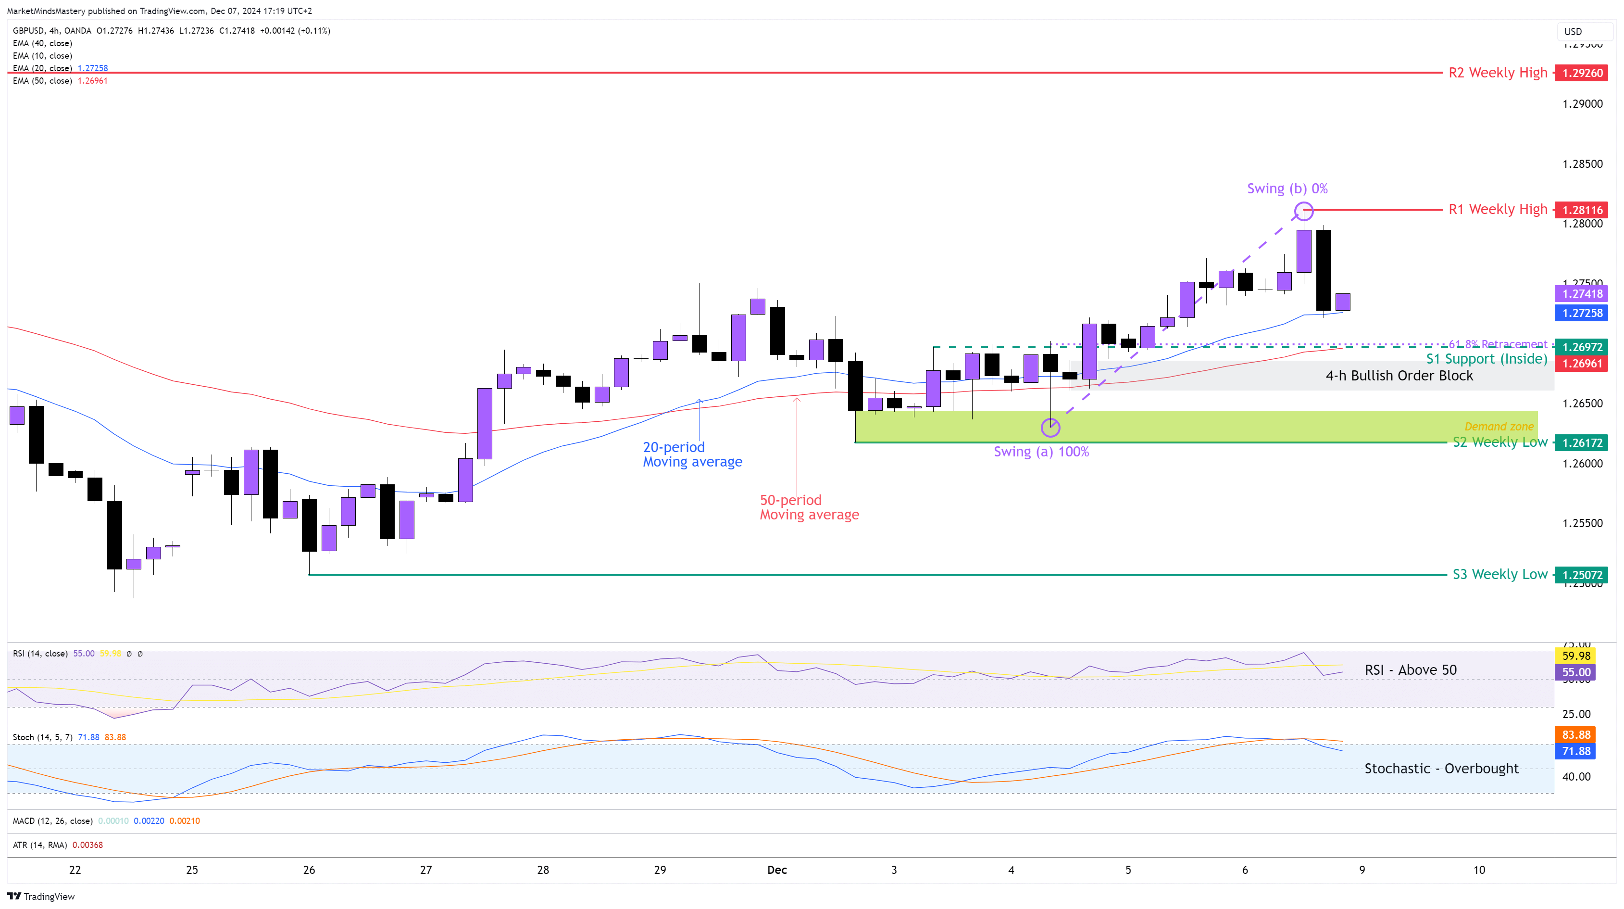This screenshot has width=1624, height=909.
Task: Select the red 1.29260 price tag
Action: (1581, 73)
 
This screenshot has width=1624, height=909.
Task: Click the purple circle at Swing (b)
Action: (1304, 211)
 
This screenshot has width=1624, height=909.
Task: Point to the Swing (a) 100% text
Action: (1041, 452)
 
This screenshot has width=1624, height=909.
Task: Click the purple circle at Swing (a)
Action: (1050, 428)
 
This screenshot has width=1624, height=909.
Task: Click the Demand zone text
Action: (1499, 427)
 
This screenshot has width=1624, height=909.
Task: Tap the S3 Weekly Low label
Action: (1500, 574)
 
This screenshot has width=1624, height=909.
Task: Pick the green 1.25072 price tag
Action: (1581, 575)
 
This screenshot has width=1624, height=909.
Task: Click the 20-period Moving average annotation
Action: (692, 454)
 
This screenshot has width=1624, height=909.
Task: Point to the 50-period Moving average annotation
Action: (809, 507)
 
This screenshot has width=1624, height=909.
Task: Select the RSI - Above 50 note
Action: (1410, 670)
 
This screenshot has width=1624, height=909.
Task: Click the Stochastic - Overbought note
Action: (1441, 769)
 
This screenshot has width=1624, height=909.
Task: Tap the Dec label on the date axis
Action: (777, 870)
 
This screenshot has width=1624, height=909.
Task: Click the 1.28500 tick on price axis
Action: (1582, 164)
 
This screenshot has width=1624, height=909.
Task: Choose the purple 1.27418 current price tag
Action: (1581, 293)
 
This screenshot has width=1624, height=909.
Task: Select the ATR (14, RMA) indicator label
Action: (40, 845)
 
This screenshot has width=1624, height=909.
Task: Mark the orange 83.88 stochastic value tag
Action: (1576, 734)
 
